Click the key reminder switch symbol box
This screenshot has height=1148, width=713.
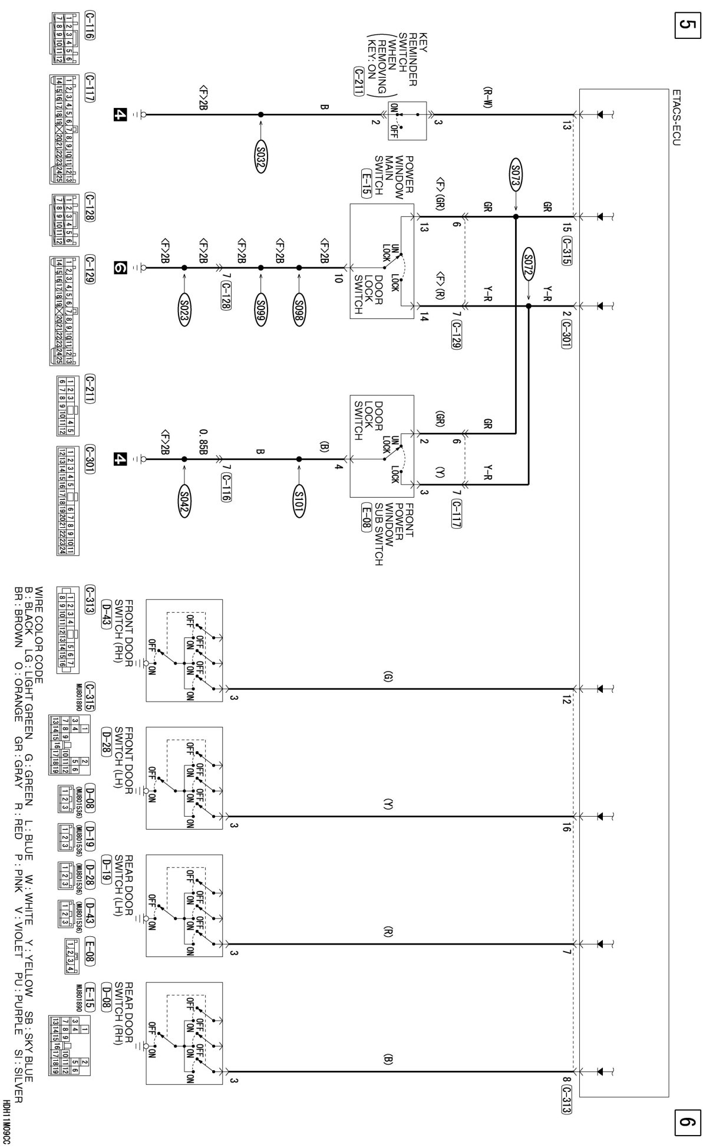(407, 120)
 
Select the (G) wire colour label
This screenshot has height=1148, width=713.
(387, 677)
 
